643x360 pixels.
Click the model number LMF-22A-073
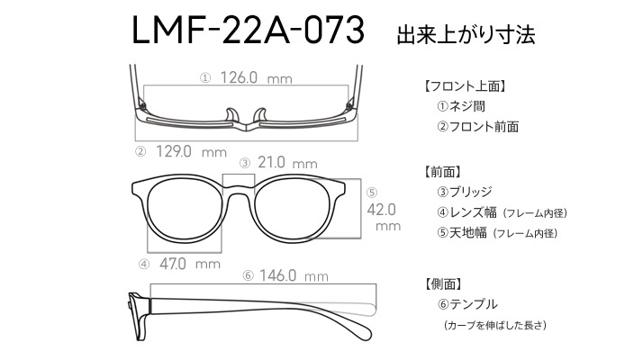(248, 30)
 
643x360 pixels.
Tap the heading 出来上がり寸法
(466, 34)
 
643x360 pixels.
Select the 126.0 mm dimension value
(257, 77)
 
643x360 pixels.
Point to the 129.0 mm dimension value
(191, 152)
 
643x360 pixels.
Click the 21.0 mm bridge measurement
(287, 163)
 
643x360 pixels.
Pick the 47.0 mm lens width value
(190, 264)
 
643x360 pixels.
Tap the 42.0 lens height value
(381, 210)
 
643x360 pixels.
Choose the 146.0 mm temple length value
(294, 275)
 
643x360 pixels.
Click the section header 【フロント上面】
(465, 86)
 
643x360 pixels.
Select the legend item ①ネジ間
(461, 106)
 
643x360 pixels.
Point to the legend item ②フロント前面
(477, 126)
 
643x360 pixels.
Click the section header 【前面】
(442, 171)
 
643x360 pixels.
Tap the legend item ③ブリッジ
(465, 192)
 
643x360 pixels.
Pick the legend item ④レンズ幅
(466, 212)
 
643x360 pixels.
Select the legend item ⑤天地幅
(462, 233)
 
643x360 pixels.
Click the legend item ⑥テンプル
(467, 304)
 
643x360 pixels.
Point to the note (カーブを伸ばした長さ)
(495, 325)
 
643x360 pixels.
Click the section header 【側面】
(442, 283)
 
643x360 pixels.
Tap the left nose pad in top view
(232, 115)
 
